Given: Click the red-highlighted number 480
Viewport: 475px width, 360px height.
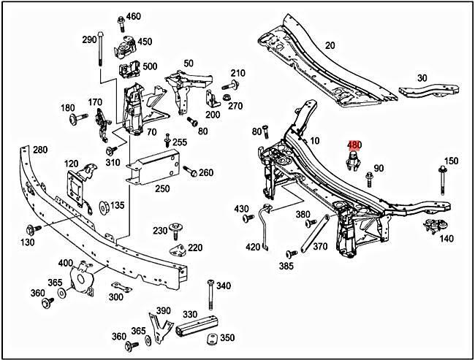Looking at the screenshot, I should click(x=354, y=145).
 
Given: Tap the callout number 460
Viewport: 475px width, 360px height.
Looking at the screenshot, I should click(x=134, y=16).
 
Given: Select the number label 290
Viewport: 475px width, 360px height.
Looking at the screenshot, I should click(x=89, y=39).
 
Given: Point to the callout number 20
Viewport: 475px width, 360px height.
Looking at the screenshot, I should click(x=330, y=45).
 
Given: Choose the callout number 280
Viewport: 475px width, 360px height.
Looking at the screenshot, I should click(x=39, y=150).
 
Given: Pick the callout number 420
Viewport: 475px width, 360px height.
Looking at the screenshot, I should click(x=253, y=247).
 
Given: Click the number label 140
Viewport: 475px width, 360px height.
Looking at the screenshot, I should click(x=446, y=239).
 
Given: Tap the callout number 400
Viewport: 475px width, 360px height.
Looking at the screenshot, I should click(x=65, y=262).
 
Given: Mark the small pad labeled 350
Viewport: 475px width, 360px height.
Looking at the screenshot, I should click(x=210, y=338).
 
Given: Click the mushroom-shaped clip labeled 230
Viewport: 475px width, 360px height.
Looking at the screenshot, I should click(x=177, y=231).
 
